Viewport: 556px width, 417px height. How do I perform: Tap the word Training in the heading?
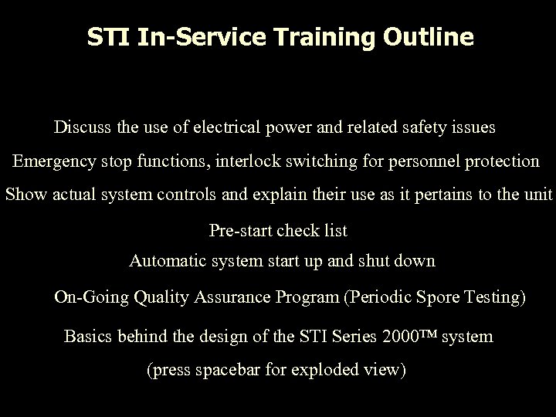(x=340, y=37)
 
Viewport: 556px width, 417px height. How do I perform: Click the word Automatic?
(x=164, y=261)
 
